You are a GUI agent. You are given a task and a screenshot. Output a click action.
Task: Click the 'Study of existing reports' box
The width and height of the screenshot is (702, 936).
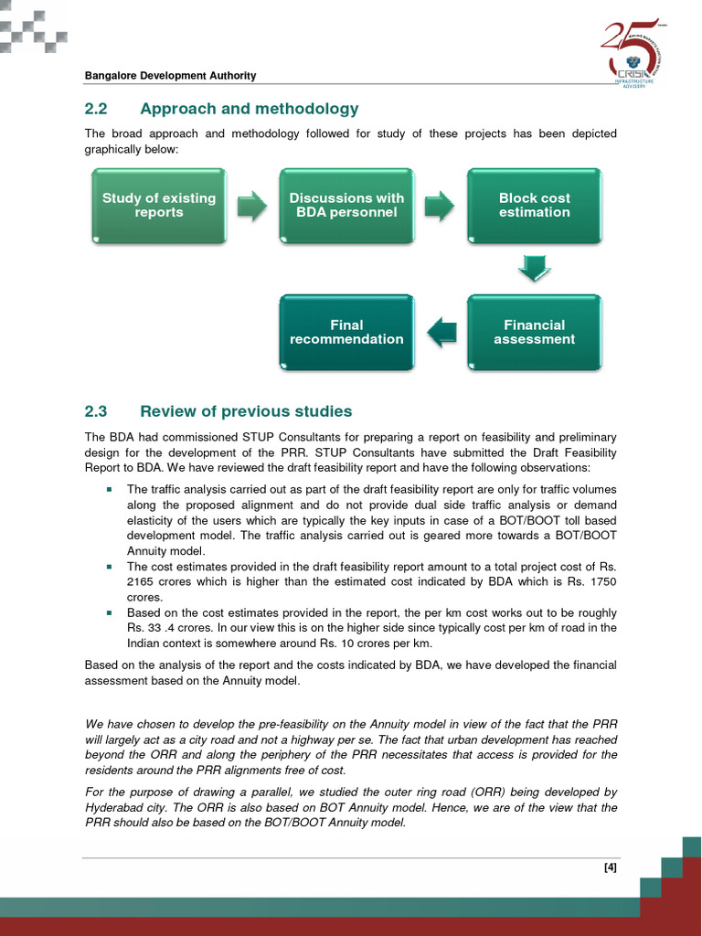click(159, 206)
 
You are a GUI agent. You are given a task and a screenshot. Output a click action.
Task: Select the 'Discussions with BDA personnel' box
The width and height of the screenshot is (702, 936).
click(346, 206)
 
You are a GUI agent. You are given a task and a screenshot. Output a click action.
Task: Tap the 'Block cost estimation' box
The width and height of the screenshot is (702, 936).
click(534, 206)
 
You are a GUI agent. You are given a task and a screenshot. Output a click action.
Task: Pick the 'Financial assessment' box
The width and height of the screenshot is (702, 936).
click(534, 332)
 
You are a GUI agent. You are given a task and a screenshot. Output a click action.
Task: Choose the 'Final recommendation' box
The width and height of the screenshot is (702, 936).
click(346, 332)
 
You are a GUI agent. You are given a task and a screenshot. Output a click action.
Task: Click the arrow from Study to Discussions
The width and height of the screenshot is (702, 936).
click(252, 206)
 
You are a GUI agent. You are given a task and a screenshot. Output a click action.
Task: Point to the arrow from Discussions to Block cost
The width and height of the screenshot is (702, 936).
click(440, 206)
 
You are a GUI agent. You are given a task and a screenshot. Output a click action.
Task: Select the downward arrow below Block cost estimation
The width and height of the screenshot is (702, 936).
click(534, 268)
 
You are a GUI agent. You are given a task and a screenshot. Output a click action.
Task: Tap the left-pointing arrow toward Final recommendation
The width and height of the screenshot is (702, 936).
click(441, 332)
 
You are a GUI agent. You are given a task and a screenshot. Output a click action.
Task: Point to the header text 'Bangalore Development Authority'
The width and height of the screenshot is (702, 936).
click(170, 76)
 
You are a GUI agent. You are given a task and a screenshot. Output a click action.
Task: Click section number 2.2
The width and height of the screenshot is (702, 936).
click(96, 109)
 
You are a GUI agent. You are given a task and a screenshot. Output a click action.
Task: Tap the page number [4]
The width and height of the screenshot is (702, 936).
click(611, 868)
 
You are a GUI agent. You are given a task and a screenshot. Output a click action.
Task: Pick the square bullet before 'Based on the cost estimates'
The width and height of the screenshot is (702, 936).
click(109, 612)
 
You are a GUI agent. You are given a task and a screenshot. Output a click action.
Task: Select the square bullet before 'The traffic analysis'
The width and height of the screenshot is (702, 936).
click(109, 489)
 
